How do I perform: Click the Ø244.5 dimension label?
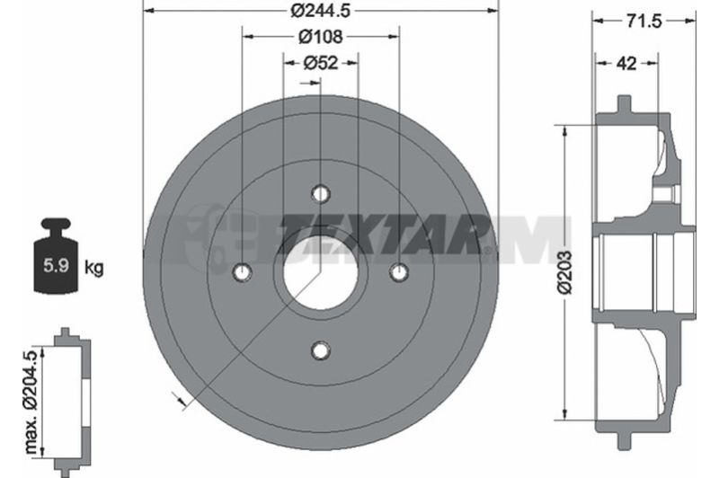tap(321, 10)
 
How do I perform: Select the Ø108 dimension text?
tap(321, 37)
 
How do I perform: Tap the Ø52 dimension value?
tap(321, 63)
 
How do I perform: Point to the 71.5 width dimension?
tap(644, 21)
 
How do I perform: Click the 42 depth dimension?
tap(626, 63)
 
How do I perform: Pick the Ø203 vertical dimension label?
tap(564, 271)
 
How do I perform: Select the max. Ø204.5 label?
tap(31, 403)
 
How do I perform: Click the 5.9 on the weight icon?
tap(56, 265)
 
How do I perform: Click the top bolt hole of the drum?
tap(321, 193)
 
